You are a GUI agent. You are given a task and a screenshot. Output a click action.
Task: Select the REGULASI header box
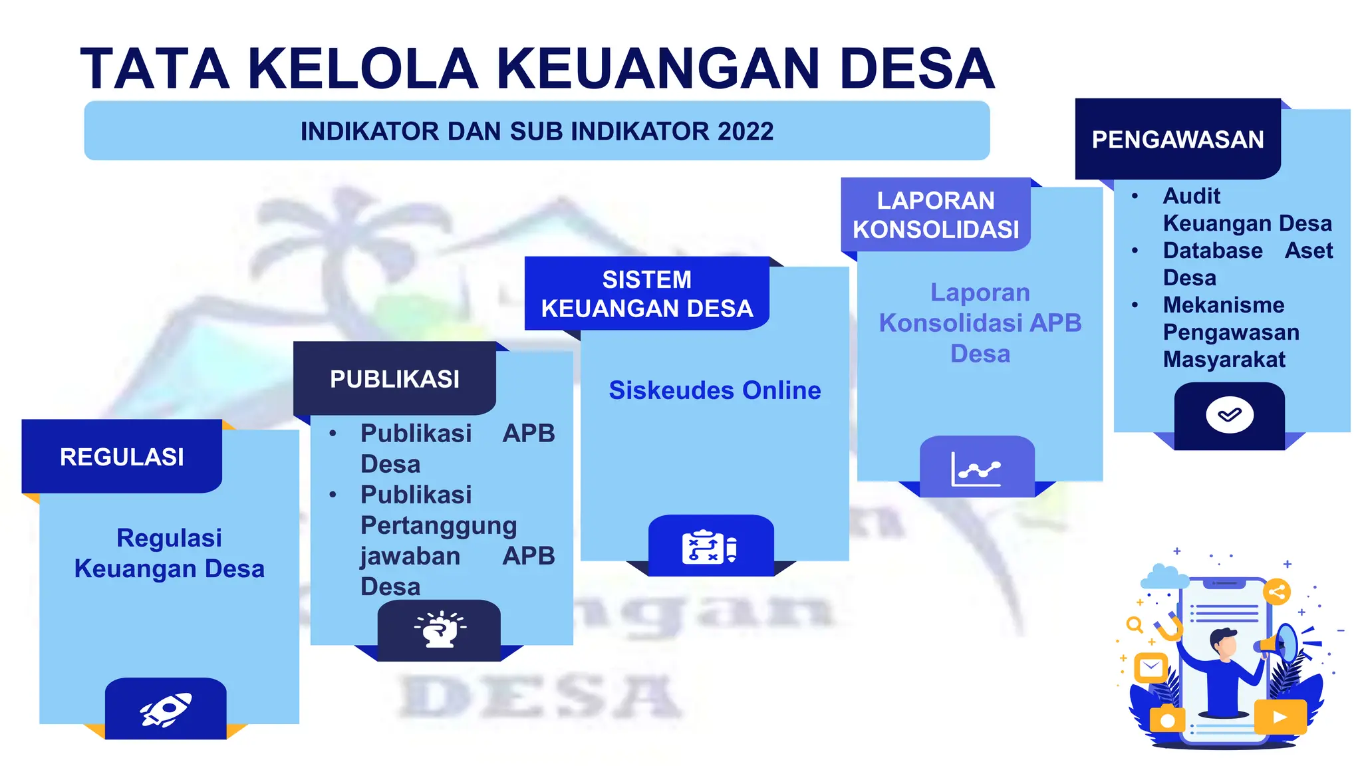point(122,457)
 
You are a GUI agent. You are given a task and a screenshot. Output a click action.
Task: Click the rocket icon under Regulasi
point(166,709)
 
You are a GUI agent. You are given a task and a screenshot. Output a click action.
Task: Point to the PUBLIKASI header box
point(394,379)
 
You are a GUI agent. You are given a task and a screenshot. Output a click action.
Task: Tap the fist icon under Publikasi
point(440,629)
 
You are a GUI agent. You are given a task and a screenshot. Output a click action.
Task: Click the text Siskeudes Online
point(714,390)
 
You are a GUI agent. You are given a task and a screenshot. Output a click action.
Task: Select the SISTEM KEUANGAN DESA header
point(646,294)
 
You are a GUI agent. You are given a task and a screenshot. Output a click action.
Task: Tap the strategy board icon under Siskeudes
point(710,547)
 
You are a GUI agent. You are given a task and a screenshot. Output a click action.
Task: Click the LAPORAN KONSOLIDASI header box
point(935,215)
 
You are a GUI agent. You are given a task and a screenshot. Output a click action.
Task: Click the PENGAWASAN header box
point(1177,140)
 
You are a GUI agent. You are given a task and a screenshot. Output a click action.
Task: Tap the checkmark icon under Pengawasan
point(1229,416)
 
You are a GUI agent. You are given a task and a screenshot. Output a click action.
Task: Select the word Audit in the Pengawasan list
point(1191,196)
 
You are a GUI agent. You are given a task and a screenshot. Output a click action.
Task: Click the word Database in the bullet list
point(1212,251)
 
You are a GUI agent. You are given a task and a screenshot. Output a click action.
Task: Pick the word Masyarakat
point(1224,360)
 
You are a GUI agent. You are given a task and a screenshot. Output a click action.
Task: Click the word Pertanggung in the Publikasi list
point(438,526)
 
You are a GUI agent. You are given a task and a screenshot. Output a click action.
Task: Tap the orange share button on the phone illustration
point(1276,592)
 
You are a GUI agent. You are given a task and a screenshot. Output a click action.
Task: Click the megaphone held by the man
point(1280,642)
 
